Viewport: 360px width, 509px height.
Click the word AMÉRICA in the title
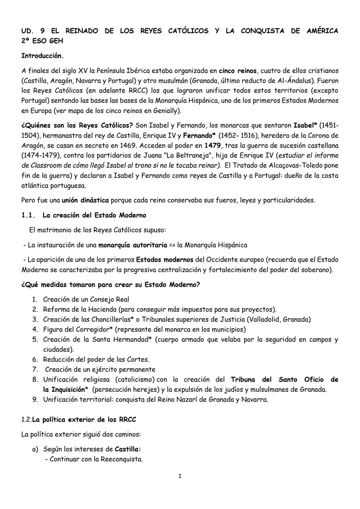coord(322,31)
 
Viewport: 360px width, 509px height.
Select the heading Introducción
coord(42,56)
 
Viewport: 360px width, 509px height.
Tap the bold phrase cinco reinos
coord(238,71)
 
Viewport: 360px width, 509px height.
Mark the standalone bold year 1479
coord(212,146)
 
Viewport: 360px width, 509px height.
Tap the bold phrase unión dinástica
coord(85,200)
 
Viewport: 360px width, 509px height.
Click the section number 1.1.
coord(28,215)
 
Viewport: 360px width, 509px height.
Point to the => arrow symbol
coord(172,245)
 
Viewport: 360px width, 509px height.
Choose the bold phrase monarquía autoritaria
coord(133,245)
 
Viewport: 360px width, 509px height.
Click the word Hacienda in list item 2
coord(100,310)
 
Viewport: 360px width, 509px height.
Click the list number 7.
coord(35,370)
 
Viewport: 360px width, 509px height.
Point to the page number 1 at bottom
coord(180,476)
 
